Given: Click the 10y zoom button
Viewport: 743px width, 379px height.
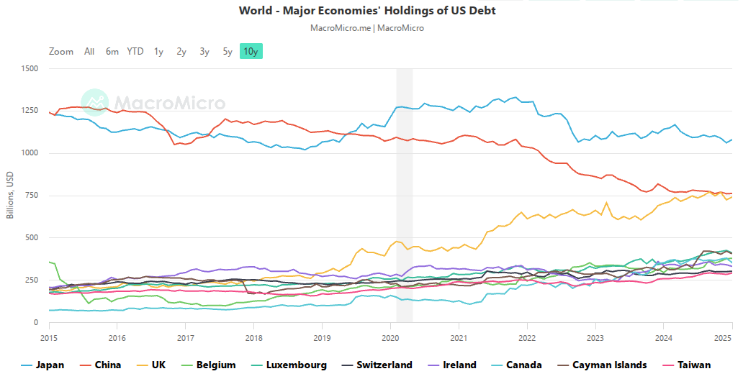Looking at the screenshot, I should (x=251, y=51).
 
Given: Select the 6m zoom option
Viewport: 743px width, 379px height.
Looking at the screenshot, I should (x=112, y=51).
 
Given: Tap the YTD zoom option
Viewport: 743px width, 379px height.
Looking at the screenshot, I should (x=135, y=51).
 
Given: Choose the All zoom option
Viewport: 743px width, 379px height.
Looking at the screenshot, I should (x=89, y=51).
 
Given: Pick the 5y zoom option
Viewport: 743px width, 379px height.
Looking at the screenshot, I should (x=228, y=51).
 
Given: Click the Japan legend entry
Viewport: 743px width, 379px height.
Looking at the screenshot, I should (x=43, y=365).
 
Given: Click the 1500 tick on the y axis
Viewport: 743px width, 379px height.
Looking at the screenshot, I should (x=30, y=69).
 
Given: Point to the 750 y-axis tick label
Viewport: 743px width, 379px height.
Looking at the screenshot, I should (x=32, y=196).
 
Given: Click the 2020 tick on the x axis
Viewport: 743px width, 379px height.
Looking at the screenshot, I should (x=390, y=337).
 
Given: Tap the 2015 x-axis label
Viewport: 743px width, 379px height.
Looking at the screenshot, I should (x=49, y=337).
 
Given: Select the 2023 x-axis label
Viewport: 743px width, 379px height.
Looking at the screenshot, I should (x=595, y=337).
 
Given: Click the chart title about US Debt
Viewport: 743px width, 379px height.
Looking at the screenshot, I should (x=367, y=11).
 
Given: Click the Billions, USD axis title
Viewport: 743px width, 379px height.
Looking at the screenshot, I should (x=10, y=196).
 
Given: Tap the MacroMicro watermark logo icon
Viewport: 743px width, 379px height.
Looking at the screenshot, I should (x=94, y=103).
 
